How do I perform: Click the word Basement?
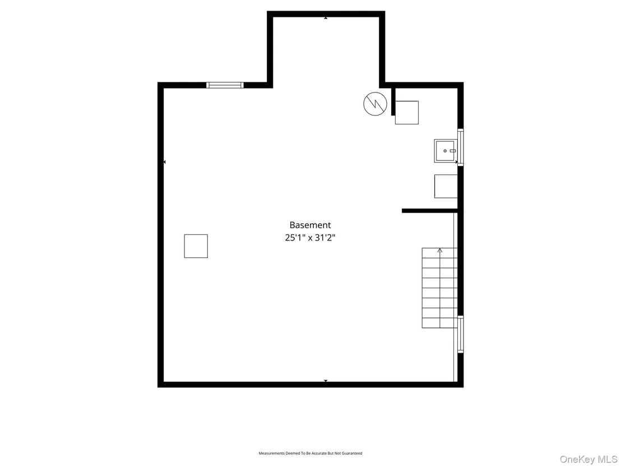click(310, 225)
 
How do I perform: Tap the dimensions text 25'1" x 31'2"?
click(310, 238)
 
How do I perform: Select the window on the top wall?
click(225, 85)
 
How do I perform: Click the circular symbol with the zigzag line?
click(375, 104)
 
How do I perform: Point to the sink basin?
click(446, 151)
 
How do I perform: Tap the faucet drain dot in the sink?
click(445, 151)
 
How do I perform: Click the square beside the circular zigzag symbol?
click(407, 113)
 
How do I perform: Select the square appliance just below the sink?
click(446, 186)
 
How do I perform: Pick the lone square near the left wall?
click(196, 246)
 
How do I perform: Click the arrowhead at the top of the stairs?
click(439, 251)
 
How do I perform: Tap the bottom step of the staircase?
click(439, 323)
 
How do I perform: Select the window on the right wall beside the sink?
click(461, 146)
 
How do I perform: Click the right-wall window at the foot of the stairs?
click(461, 334)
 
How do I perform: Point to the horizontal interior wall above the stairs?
click(430, 211)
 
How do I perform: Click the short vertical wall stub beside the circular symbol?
click(393, 101)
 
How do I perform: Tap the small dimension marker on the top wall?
click(326, 18)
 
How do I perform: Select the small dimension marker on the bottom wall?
click(326, 381)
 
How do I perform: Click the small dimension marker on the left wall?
click(164, 162)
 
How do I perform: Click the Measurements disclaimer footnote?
click(310, 453)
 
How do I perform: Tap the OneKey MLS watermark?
click(589, 459)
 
